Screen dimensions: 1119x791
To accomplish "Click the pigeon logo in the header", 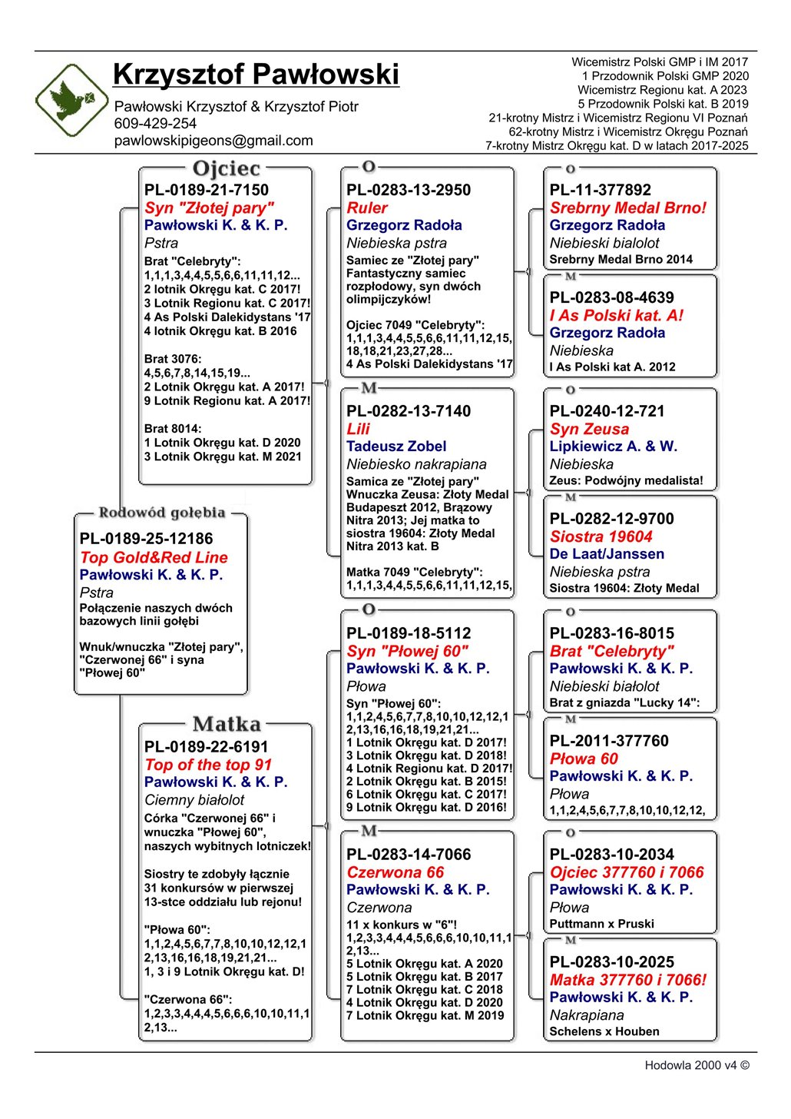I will (72, 100).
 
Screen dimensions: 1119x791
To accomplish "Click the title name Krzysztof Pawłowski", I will (256, 75).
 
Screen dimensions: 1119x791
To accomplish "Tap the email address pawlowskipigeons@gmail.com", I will (213, 141).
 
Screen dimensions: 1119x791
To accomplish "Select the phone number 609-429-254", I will (155, 124).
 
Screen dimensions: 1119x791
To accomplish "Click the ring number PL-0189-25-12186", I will (146, 539).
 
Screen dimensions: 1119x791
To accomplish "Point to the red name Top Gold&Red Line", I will (154, 558).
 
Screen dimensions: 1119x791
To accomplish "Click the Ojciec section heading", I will (227, 168).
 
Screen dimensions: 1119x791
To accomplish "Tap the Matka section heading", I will (227, 724).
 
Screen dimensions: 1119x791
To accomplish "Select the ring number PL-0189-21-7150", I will (207, 190).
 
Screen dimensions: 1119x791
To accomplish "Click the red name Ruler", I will (367, 208).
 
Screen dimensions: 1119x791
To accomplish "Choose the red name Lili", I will (358, 430).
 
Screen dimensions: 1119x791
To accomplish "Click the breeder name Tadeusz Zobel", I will (396, 447).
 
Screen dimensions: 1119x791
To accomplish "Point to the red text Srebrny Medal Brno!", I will (627, 208).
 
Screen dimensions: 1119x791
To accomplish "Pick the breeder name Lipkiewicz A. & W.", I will (613, 447).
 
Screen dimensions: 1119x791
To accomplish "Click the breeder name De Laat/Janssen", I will (607, 554).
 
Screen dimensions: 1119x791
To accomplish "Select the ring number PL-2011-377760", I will (609, 741).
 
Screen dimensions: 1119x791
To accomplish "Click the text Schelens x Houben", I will (604, 1031).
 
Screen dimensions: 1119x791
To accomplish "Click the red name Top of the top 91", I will (208, 765).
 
